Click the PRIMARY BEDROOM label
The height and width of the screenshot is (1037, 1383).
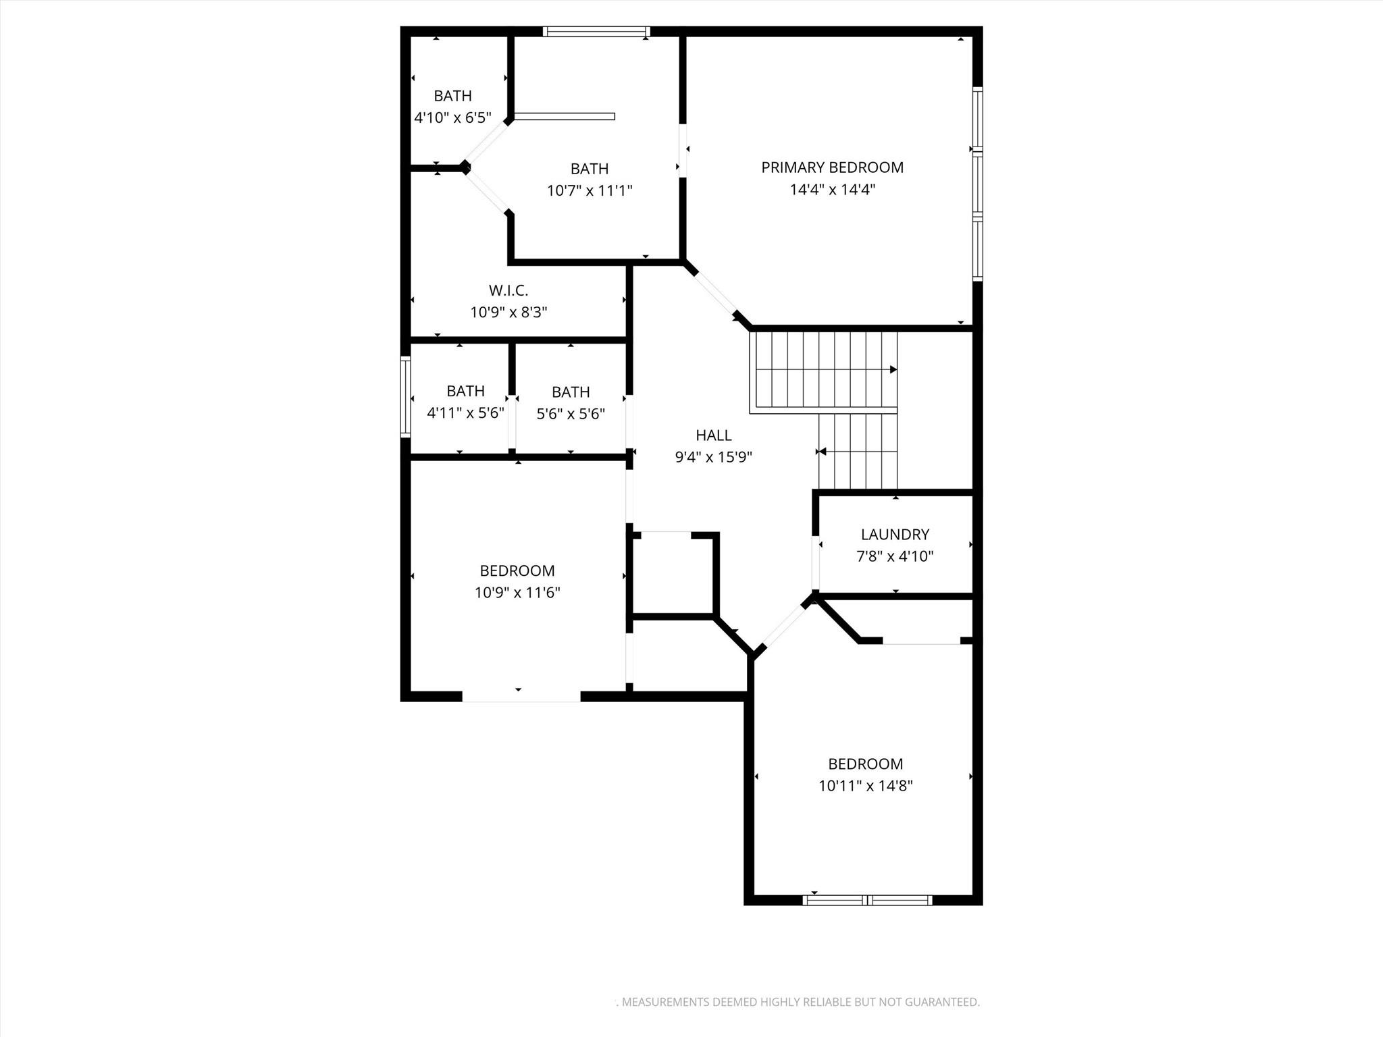(832, 167)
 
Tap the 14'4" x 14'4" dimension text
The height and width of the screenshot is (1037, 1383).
(832, 190)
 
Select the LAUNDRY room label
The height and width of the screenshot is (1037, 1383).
(895, 535)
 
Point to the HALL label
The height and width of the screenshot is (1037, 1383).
(713, 435)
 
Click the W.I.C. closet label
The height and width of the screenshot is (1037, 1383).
(508, 290)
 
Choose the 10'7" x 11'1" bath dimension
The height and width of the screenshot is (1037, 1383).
(590, 191)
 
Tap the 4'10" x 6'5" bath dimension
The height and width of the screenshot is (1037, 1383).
(452, 118)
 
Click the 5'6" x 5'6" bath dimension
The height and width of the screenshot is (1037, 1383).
(571, 414)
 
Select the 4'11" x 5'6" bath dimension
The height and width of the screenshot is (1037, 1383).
(465, 413)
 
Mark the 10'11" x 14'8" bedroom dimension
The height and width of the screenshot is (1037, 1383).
(866, 786)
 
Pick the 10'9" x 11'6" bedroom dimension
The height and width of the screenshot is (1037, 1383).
(517, 593)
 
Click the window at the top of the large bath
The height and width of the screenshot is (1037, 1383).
(596, 31)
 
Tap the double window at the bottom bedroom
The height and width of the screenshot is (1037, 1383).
(867, 900)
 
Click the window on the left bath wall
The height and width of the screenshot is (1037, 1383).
(405, 397)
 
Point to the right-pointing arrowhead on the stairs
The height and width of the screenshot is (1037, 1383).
(893, 369)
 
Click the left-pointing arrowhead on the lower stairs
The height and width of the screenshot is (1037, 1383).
(821, 452)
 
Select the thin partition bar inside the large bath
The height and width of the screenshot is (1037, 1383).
(565, 116)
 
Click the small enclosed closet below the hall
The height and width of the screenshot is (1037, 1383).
(671, 574)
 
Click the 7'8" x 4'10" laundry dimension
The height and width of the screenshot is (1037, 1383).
(895, 556)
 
